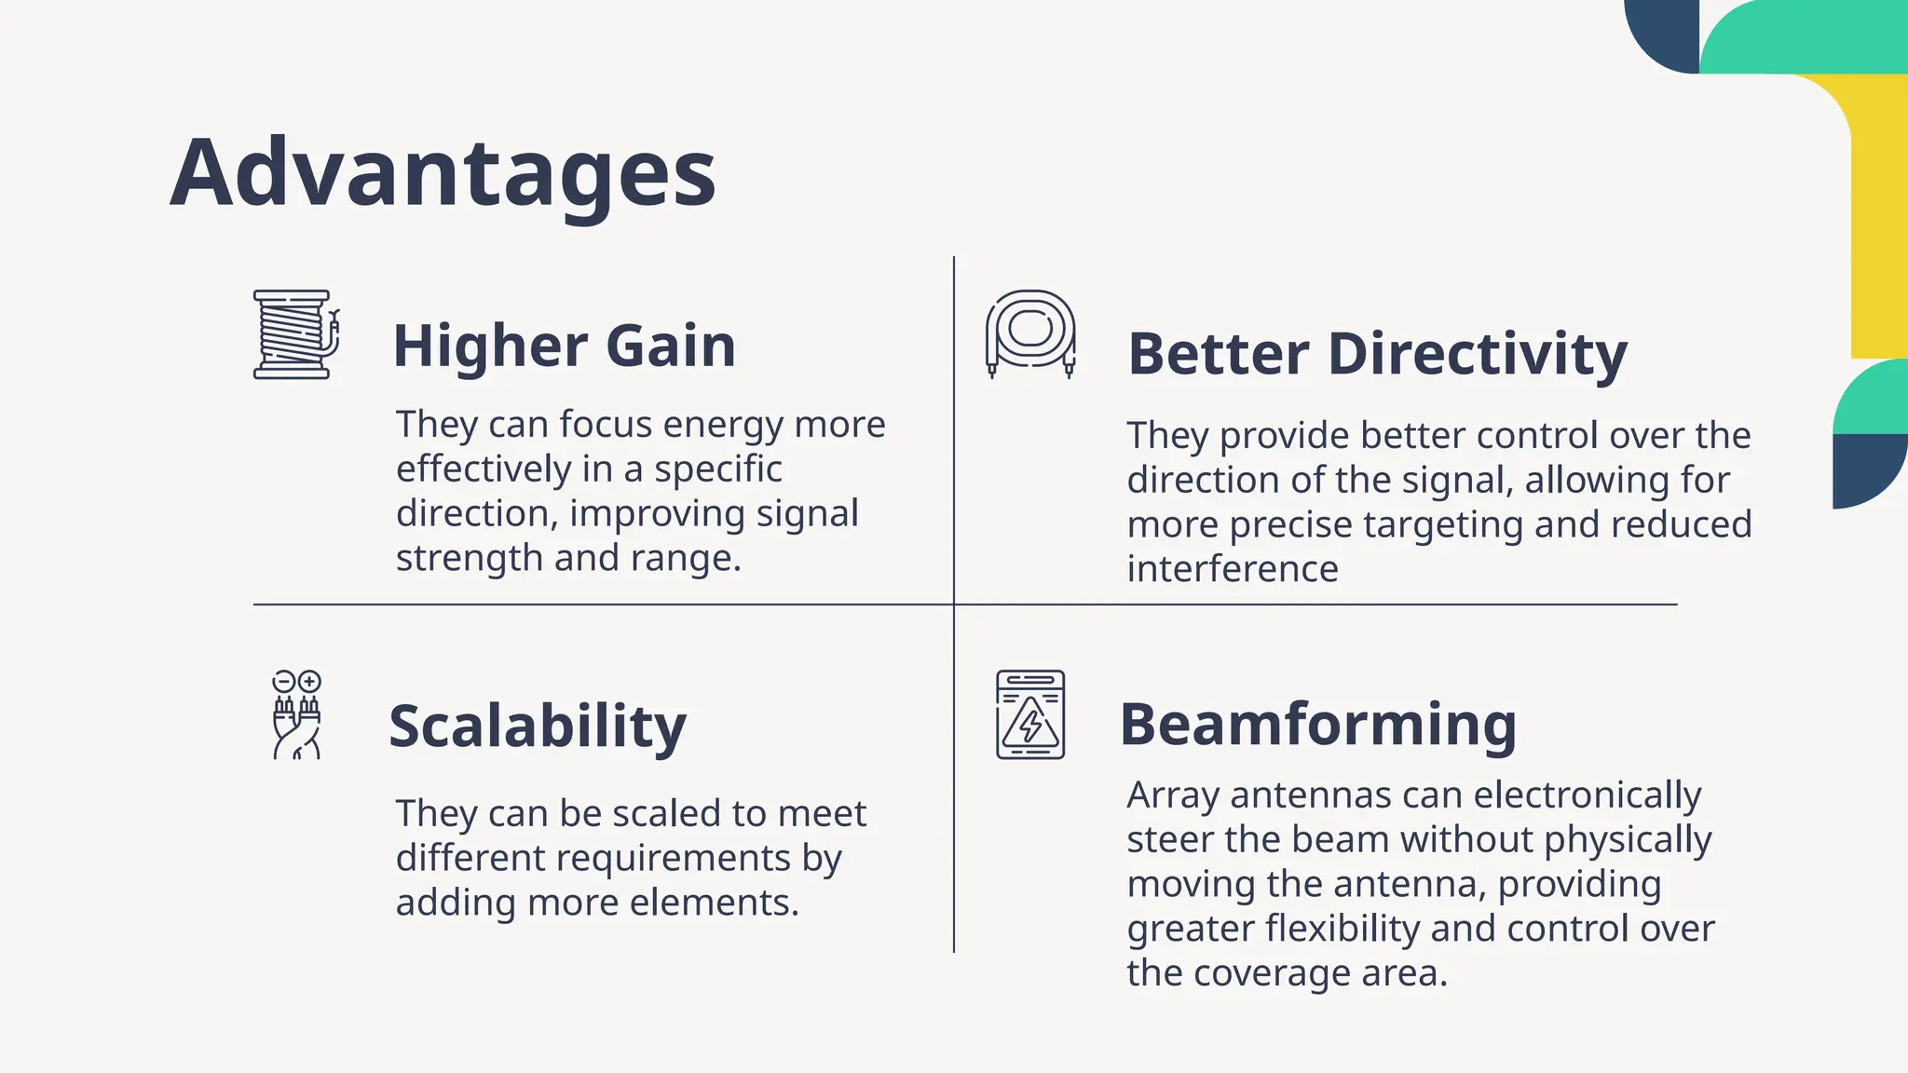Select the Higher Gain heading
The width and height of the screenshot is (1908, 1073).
click(x=564, y=346)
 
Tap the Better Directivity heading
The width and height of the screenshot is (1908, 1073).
click(x=1377, y=355)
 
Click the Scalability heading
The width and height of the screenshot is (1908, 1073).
click(x=538, y=727)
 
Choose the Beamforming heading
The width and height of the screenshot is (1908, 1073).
click(x=1317, y=725)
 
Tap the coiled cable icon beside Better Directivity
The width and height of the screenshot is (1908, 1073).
click(x=1030, y=333)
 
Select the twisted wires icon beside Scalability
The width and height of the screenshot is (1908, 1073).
click(x=296, y=715)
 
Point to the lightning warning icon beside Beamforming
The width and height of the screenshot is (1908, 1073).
click(x=1030, y=714)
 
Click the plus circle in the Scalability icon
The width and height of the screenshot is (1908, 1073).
click(x=309, y=681)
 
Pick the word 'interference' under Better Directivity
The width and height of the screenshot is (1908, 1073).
click(x=1232, y=569)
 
